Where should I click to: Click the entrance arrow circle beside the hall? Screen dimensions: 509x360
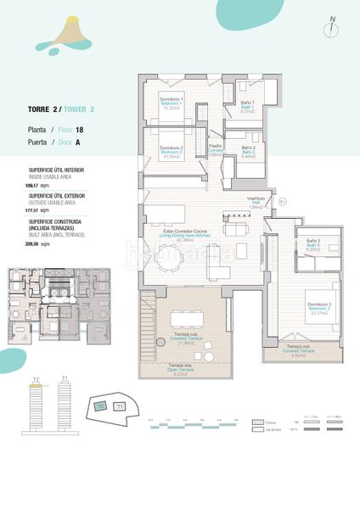[x=283, y=202]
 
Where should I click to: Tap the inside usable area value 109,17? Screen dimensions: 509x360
[x=33, y=184]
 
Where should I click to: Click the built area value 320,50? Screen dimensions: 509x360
[x=33, y=244]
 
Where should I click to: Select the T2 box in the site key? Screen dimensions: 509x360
[x=101, y=406]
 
